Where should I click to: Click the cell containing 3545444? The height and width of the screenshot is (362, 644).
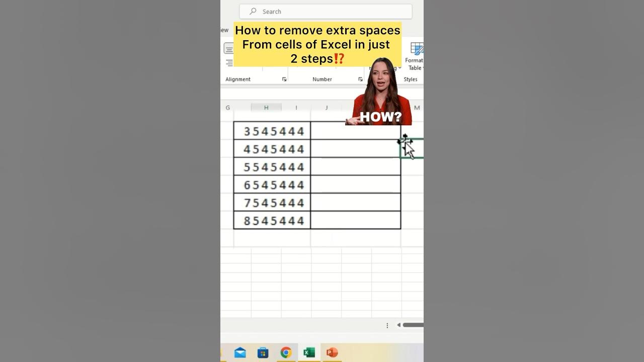[272, 131]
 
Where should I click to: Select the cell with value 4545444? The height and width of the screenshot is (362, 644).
[272, 149]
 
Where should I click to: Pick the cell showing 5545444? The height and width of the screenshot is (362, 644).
[272, 167]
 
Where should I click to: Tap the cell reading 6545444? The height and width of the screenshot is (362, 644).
[272, 185]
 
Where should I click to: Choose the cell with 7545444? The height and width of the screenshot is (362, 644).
[272, 203]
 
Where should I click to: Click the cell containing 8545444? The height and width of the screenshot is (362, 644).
[272, 220]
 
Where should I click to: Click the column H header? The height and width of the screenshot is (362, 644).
[266, 108]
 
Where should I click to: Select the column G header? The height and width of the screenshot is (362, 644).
[228, 108]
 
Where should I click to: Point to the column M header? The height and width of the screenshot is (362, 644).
[417, 108]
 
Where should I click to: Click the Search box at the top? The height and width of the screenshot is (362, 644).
[326, 12]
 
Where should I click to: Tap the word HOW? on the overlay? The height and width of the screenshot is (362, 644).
[380, 118]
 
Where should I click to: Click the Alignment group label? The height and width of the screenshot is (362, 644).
[238, 79]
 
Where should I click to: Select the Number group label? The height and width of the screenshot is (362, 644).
[322, 79]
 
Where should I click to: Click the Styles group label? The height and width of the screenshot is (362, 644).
[411, 79]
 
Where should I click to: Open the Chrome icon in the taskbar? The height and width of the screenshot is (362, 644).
[286, 352]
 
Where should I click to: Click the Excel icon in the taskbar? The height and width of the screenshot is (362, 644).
[309, 352]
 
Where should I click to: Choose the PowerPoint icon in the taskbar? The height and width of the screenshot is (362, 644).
[332, 352]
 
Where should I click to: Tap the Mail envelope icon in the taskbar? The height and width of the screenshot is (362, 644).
[240, 352]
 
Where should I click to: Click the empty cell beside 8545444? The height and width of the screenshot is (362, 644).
[356, 220]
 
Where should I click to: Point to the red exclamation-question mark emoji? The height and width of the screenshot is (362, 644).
[339, 59]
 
